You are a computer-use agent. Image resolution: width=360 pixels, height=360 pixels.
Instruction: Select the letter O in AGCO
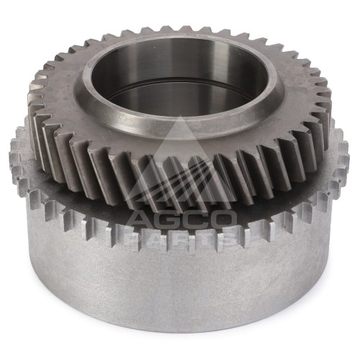tap(223, 220)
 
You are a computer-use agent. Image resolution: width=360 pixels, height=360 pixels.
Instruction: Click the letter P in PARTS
tap(139, 239)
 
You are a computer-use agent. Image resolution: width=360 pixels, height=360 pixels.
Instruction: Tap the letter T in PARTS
tap(204, 239)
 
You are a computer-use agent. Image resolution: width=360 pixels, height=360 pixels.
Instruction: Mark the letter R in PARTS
tap(183, 239)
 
